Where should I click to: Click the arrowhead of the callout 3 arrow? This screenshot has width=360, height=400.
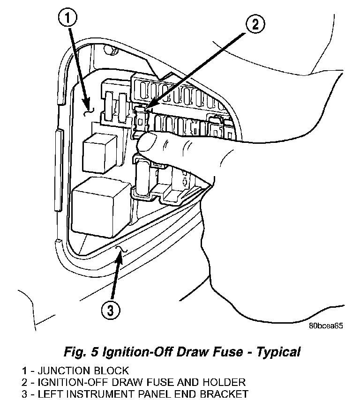point(121,253)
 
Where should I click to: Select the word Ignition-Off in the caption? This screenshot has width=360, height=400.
point(130,351)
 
